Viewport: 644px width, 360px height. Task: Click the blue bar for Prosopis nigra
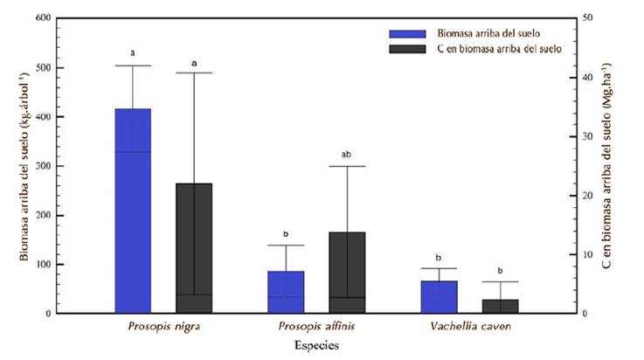[x=133, y=211]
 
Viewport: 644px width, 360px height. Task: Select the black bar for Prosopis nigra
[x=193, y=248]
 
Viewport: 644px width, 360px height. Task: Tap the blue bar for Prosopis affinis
[x=286, y=292]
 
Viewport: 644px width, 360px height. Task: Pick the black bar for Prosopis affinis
[x=346, y=272]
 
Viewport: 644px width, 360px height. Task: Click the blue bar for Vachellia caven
[x=438, y=296]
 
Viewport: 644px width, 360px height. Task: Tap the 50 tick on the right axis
[x=588, y=18]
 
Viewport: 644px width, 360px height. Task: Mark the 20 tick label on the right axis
[x=588, y=196]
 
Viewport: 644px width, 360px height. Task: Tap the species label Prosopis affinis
[x=316, y=326]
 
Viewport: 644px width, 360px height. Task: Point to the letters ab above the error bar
[x=346, y=155]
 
